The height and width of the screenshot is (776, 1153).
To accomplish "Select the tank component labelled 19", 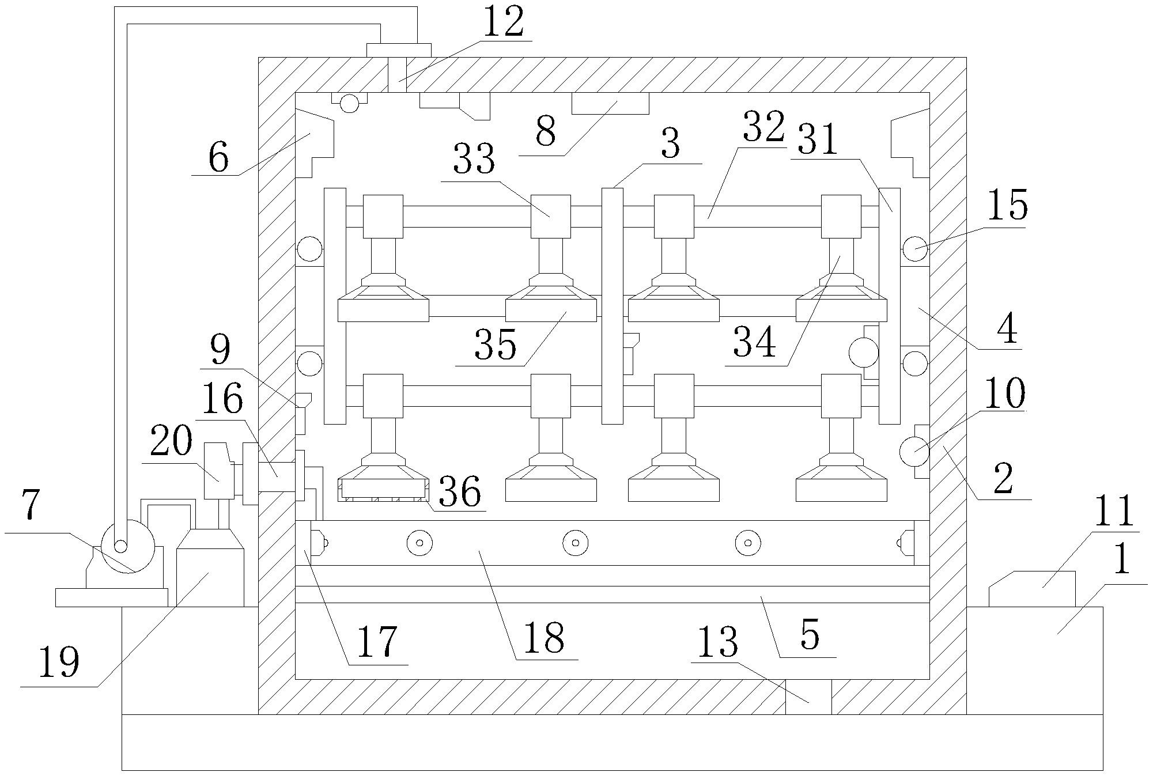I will click(x=210, y=576).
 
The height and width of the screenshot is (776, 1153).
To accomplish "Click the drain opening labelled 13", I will click(x=808, y=696).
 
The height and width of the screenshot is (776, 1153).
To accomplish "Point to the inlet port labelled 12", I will click(x=397, y=75).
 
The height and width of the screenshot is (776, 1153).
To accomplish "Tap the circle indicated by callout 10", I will click(x=914, y=452).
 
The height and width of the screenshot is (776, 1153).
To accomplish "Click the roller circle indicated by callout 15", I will click(x=914, y=249).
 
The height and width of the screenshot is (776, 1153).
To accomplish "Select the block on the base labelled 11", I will click(x=1032, y=588).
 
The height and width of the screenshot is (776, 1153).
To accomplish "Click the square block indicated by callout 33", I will click(x=550, y=217).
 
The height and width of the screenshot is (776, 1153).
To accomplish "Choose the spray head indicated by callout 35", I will click(x=550, y=308).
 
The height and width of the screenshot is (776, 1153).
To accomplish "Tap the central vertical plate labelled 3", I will click(x=612, y=305).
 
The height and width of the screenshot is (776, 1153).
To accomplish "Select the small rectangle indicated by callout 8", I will click(x=610, y=104).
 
